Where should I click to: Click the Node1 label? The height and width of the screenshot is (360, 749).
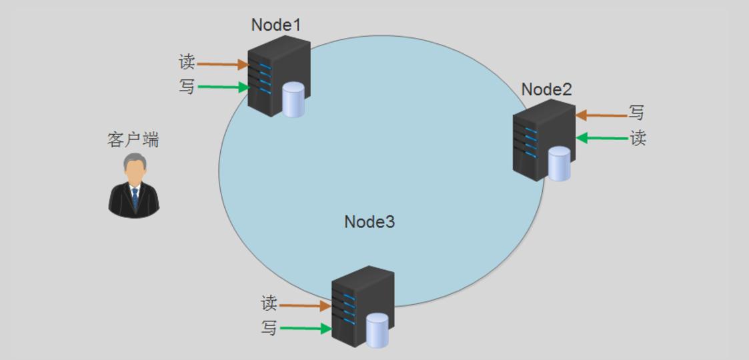[x=276, y=25]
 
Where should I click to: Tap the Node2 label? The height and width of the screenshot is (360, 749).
[x=546, y=89]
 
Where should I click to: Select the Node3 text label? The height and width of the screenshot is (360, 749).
[x=369, y=221]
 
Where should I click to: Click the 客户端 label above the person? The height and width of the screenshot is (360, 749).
[x=133, y=140]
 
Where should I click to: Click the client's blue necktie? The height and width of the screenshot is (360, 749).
[x=135, y=197]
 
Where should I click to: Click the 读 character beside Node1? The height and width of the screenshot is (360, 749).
[x=187, y=63]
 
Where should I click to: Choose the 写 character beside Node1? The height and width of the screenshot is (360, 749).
[x=187, y=87]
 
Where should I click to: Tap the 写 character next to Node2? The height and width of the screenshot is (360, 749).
[x=637, y=113]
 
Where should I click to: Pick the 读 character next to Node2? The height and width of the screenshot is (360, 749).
[x=638, y=138]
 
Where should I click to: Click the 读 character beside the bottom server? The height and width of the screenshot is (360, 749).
[x=269, y=304]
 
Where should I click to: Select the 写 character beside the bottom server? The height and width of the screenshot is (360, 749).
[x=269, y=328]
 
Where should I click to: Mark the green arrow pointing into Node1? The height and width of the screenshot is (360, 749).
[x=223, y=87]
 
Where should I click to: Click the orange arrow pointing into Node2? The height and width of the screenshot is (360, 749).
[x=601, y=115]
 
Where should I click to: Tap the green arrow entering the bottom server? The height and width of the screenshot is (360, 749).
[x=306, y=329]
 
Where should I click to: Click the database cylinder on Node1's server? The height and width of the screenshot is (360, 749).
[x=293, y=99]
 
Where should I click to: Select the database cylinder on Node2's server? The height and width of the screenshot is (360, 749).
[x=559, y=163]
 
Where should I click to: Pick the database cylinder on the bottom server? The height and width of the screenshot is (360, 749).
[x=377, y=329]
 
